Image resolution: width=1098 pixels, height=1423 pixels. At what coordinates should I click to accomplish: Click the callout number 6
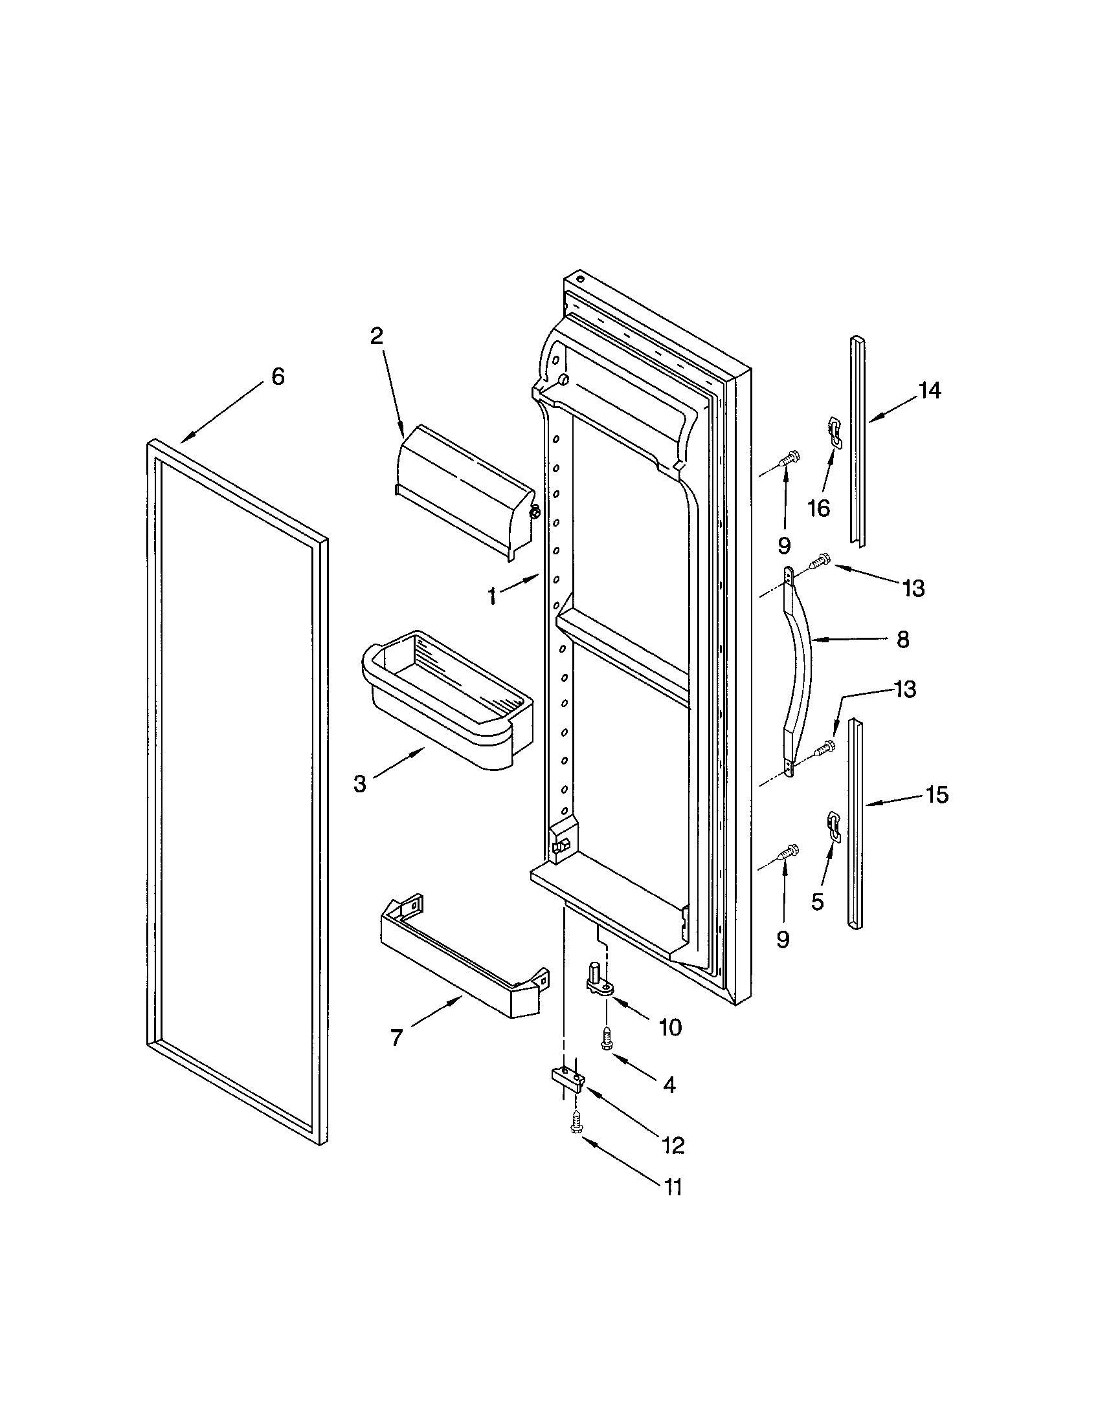pos(278,376)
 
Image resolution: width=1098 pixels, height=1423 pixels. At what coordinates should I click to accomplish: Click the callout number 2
pos(377,336)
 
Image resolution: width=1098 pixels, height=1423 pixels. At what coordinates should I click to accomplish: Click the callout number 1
pos(492,596)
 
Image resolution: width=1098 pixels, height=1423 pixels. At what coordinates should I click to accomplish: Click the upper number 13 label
pos(913,589)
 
